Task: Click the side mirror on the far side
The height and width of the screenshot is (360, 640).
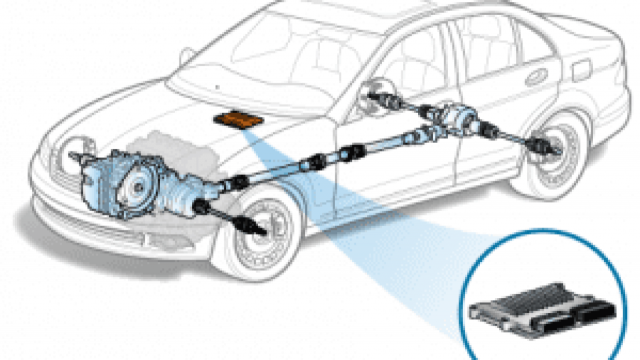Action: point(186,55)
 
